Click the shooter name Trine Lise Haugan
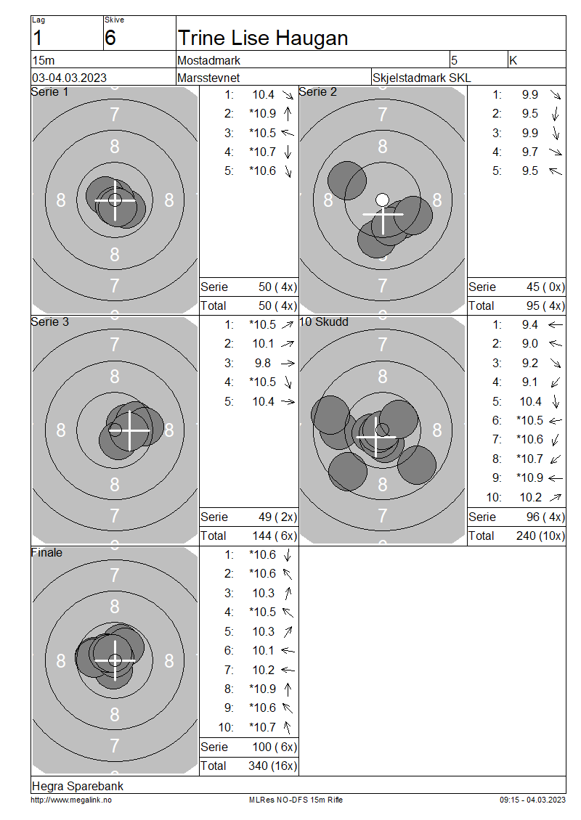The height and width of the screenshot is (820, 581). tap(263, 38)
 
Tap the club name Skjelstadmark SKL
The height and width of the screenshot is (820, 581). tap(421, 78)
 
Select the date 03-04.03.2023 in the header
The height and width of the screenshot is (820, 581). tap(69, 78)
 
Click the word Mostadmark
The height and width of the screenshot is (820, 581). tap(209, 61)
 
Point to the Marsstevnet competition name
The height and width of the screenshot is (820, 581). tap(208, 78)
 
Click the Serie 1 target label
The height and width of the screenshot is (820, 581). tap(49, 92)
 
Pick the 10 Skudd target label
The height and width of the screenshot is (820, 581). tap(323, 322)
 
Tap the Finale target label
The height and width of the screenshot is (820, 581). tap(46, 552)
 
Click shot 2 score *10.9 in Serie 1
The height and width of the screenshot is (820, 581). tap(263, 113)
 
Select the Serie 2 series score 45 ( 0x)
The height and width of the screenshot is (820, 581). tap(545, 287)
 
